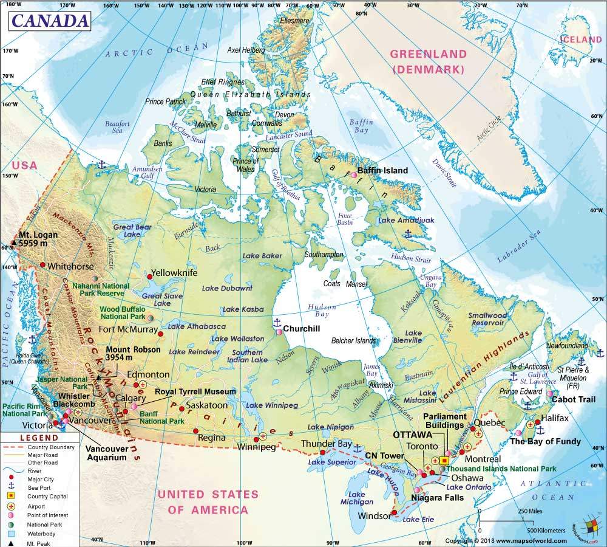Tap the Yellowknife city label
point(174,273)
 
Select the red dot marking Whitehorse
point(42,264)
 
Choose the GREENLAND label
point(428,54)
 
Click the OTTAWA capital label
point(413,435)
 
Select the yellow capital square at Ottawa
point(444,461)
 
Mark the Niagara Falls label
point(438,497)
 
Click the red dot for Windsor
point(395,513)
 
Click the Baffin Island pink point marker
point(353,176)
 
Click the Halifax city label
point(554,419)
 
